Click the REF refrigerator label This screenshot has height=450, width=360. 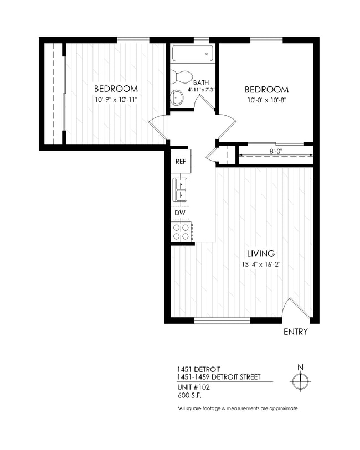click(180, 162)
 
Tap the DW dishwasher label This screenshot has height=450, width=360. click(179, 213)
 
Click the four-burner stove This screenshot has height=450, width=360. click(181, 231)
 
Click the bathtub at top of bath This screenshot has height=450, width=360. click(192, 54)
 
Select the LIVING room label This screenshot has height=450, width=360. click(260, 254)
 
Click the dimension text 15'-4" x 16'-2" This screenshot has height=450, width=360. click(260, 264)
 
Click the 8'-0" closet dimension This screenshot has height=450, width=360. click(275, 150)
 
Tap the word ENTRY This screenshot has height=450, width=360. click(295, 332)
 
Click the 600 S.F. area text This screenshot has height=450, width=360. click(189, 395)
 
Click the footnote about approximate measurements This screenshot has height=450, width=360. click(237, 408)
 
